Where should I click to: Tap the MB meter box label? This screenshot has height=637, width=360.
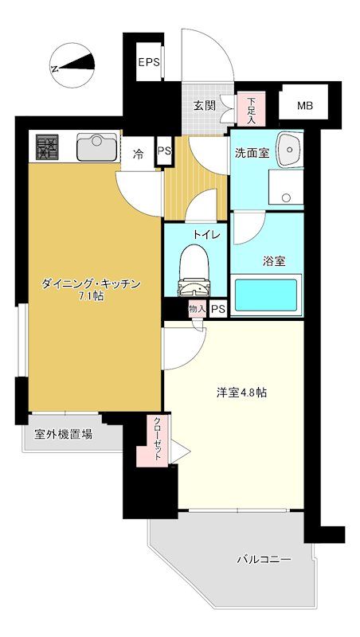coord(305,106)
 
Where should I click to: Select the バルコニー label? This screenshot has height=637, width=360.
coord(264,559)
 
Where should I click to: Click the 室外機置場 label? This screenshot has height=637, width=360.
coord(63,435)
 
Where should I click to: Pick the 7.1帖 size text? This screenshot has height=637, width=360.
coord(89,298)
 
